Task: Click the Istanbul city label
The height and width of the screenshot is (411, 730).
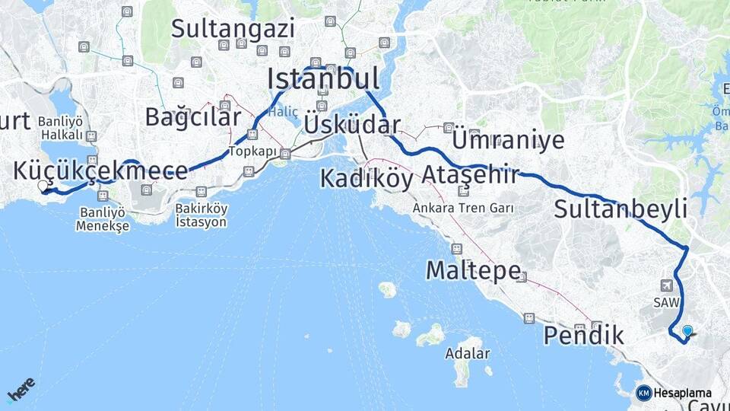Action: point(323,78)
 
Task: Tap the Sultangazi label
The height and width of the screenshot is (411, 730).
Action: point(232,29)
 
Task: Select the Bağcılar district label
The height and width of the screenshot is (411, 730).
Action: point(192,116)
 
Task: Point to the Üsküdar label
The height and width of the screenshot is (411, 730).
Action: point(352,124)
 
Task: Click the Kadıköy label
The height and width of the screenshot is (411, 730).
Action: point(366,177)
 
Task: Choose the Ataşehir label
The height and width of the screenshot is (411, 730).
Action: point(470,174)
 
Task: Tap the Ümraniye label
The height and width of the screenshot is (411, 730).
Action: point(508,139)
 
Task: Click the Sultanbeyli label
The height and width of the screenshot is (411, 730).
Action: point(620,209)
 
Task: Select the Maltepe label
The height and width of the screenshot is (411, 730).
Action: point(473,269)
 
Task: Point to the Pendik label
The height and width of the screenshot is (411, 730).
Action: point(584,334)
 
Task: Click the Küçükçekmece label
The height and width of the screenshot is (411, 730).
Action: point(100,170)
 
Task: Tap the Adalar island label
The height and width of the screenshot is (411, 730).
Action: point(468,354)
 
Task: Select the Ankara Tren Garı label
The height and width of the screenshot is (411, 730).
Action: point(463,208)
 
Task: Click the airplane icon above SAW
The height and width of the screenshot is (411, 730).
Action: point(667,285)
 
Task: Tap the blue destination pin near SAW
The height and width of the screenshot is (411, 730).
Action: point(688,331)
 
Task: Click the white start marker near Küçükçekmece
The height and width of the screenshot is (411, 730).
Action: point(43,185)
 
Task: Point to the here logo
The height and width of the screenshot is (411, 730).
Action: point(21,389)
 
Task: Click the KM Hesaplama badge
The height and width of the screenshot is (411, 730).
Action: point(674,393)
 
